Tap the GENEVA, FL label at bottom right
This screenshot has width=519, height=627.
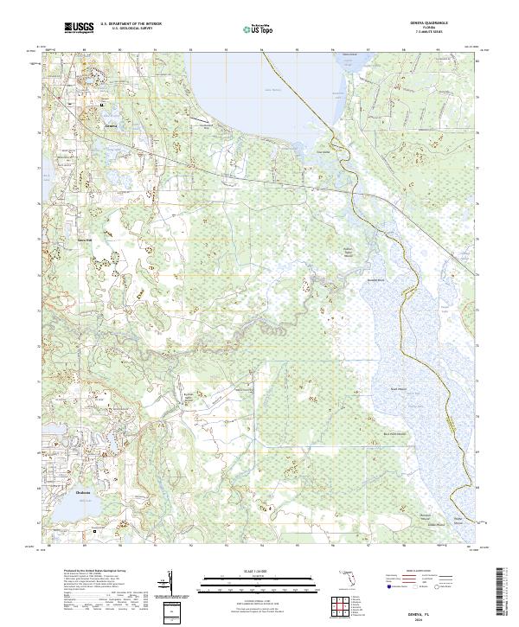click(x=438, y=610)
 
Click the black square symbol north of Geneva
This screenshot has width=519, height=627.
click(x=101, y=106)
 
